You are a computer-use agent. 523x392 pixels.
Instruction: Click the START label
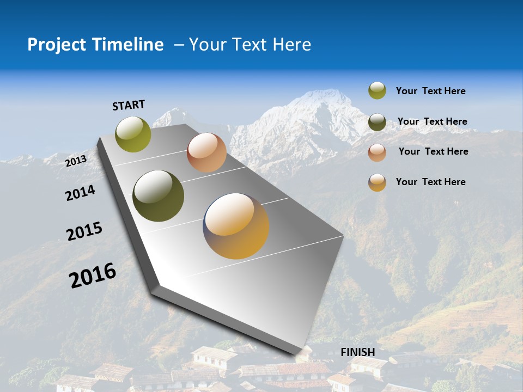click(x=129, y=105)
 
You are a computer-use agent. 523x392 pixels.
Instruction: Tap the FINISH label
click(x=357, y=352)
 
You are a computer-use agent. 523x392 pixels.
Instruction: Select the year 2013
click(x=76, y=161)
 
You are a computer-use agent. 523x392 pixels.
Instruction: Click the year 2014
click(x=80, y=193)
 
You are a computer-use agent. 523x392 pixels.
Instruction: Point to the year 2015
click(x=84, y=231)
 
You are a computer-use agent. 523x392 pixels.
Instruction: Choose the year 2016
click(x=93, y=275)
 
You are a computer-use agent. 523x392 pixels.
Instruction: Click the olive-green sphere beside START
click(x=133, y=134)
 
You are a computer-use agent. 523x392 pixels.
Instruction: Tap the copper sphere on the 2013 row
click(x=206, y=152)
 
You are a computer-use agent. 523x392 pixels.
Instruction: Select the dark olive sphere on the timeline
click(x=159, y=196)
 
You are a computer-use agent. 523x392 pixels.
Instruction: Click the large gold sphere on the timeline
click(x=236, y=226)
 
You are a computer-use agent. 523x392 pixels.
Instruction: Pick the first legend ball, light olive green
click(x=377, y=91)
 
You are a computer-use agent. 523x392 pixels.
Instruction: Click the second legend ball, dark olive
click(x=377, y=122)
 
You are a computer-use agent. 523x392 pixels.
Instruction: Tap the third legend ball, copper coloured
click(x=377, y=152)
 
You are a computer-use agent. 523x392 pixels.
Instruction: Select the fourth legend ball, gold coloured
click(x=377, y=182)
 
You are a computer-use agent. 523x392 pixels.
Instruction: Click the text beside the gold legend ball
click(x=430, y=182)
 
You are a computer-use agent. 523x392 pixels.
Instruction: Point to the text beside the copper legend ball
click(x=433, y=151)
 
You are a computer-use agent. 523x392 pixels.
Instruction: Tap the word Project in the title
click(x=56, y=45)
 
